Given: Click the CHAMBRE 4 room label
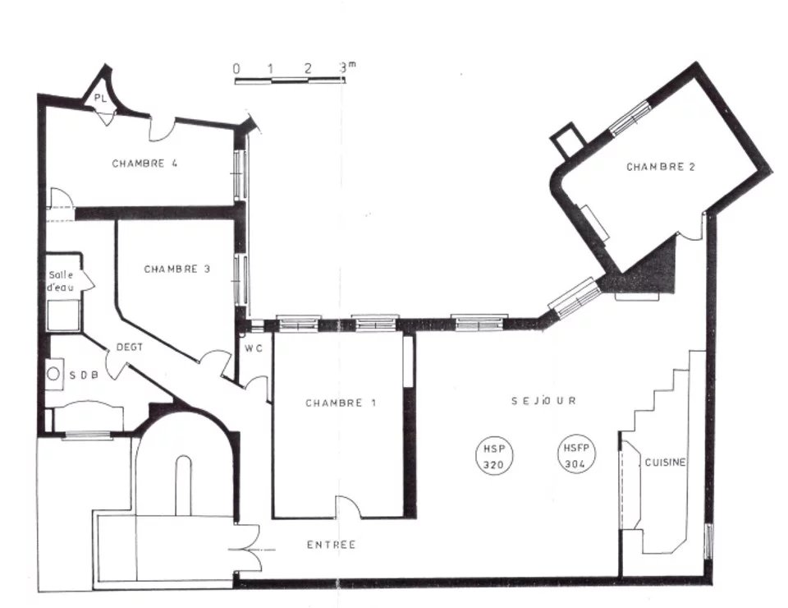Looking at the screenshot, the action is coord(144,164).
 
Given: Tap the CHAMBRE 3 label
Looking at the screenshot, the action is coord(177,269).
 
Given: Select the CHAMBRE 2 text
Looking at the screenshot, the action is coord(661,167).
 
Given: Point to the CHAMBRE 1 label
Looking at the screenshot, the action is coord(341,403).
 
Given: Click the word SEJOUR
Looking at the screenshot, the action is coord(543,401).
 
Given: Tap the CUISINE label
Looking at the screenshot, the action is coord(665,462).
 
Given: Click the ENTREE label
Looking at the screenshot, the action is coord(331,545).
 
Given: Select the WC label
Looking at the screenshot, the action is coord(254,348).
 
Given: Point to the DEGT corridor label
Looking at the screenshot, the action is coord(130,347).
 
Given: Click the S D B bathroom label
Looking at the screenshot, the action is coord(84,375).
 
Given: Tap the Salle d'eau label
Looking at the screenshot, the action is coord(61,281).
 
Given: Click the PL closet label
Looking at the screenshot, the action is coord(100,99).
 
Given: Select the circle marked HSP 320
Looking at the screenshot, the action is coord(494,456).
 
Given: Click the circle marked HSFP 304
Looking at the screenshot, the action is coord(576,454).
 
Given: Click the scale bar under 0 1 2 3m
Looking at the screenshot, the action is coord(290,80).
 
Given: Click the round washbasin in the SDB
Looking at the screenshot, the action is coord(53,374).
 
